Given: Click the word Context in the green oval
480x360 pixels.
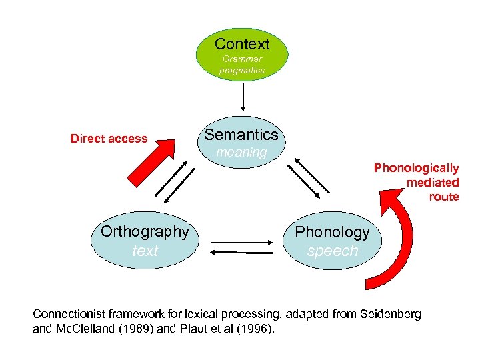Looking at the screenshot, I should [242, 45].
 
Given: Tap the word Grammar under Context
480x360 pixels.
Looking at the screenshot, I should [242, 59].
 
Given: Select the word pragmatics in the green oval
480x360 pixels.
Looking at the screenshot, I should [242, 70].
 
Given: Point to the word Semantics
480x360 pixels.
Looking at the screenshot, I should [241, 135].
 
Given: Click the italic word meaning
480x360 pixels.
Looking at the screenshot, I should [242, 153].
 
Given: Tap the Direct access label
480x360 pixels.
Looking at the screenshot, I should [109, 139].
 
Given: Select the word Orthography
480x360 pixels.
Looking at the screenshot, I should [145, 231].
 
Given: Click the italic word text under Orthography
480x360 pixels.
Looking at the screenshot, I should [145, 251].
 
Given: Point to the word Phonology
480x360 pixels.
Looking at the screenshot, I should [332, 232].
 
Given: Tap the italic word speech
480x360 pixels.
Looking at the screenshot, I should [333, 251].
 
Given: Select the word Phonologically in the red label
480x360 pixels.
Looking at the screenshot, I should [416, 168].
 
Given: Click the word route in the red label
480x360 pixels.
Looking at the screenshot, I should [444, 197].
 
